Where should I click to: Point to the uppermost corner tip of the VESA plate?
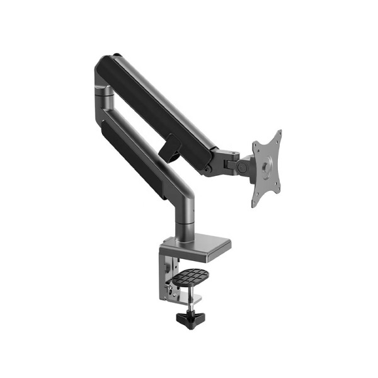[279, 131]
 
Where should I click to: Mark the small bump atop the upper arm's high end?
[116, 55]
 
